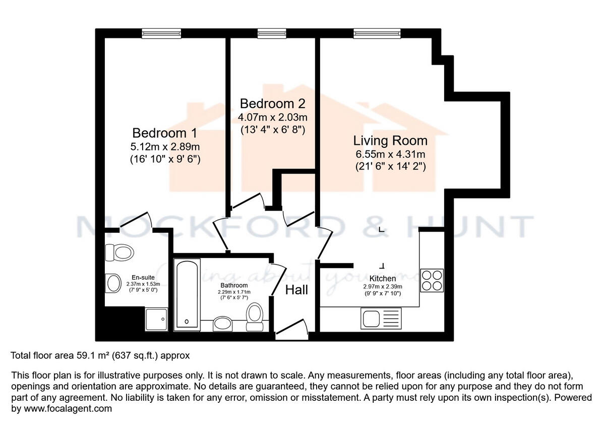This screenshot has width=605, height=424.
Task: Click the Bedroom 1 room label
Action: pyautogui.click(x=164, y=133)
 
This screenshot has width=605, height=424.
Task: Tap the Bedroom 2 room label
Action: pyautogui.click(x=272, y=103)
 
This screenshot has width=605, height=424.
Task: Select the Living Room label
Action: pyautogui.click(x=390, y=140)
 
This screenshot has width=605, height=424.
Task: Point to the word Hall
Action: pyautogui.click(x=296, y=290)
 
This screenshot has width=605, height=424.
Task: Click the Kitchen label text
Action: pyautogui.click(x=383, y=279)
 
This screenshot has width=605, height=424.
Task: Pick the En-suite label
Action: pyautogui.click(x=143, y=277)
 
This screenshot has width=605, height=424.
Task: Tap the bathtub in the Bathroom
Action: pyautogui.click(x=187, y=294)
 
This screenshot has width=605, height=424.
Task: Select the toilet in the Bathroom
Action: pyautogui.click(x=255, y=316)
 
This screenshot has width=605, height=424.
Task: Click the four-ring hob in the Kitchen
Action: pyautogui.click(x=432, y=280)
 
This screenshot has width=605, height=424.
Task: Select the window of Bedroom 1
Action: pyautogui.click(x=161, y=33)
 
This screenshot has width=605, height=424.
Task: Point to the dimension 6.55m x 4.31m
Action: pyautogui.click(x=390, y=154)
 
